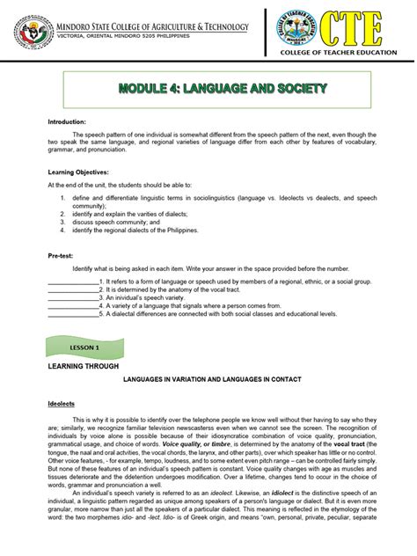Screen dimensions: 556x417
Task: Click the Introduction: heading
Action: coord(67,121)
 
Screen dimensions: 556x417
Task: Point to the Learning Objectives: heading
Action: coord(78,172)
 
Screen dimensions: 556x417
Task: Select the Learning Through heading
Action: coord(84,365)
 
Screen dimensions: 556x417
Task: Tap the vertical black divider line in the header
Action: coord(265,33)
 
